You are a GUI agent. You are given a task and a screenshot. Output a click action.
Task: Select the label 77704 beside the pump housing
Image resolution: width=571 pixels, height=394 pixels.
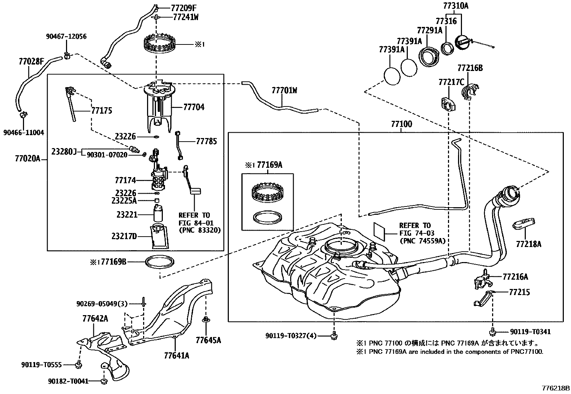[194, 107]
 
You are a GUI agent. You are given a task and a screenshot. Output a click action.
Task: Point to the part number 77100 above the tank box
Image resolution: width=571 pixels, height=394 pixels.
[401, 124]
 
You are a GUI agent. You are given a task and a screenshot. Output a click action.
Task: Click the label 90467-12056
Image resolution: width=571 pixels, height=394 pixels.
[66, 36]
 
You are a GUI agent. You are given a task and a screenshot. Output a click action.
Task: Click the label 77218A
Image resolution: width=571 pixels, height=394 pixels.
[528, 245]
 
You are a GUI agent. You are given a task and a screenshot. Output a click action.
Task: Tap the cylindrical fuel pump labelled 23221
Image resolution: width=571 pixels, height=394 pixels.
[158, 214]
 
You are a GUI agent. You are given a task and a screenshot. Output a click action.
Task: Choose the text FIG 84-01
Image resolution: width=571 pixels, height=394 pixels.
[196, 223]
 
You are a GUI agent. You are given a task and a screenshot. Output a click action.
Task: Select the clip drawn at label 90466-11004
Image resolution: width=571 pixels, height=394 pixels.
[24, 115]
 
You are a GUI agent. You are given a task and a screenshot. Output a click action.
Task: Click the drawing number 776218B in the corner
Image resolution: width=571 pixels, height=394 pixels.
[556, 388]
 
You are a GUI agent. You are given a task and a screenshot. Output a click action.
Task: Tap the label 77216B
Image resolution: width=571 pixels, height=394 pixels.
[470, 68]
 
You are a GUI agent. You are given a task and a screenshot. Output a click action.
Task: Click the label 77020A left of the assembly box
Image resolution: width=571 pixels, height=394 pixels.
[28, 158]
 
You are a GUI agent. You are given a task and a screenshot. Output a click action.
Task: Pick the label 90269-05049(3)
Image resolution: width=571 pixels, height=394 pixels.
[102, 304]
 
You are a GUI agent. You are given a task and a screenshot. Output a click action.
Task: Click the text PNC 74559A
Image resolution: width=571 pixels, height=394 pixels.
[423, 241]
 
